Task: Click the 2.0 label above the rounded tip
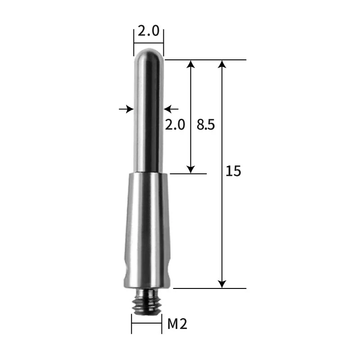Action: point(148,31)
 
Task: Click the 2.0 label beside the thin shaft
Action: point(175,124)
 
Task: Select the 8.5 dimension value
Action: point(206,124)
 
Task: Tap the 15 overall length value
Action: point(234,171)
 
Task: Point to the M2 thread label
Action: point(177,324)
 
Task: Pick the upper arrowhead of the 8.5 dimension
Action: point(192,64)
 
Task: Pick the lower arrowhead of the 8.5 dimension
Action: point(192,169)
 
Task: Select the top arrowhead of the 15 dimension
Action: point(222,64)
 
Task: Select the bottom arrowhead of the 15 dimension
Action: point(222,283)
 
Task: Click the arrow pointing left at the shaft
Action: point(169,108)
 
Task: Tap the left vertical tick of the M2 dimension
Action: point(131,324)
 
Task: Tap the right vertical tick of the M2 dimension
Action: point(162,324)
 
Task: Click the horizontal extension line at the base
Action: point(210,288)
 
